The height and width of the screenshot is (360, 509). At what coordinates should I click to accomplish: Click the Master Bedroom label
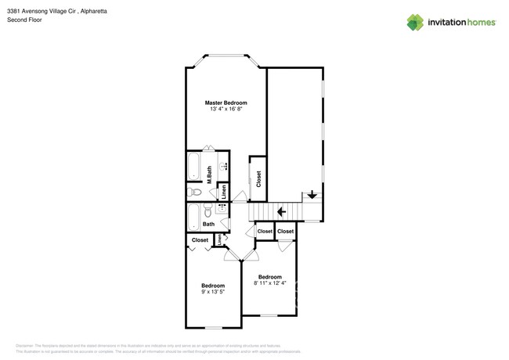coord(226,103)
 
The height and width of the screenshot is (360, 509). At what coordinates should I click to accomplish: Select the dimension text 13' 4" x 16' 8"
coord(226,110)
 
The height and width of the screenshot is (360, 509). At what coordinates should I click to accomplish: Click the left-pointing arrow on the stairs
coord(281,211)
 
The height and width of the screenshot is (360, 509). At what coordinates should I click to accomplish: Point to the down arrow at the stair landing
coord(312,195)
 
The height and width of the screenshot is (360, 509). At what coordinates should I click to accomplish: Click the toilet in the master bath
coord(196,192)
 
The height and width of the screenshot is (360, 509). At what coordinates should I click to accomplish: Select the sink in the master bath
coord(223,166)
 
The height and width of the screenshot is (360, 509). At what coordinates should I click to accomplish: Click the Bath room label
coord(208,225)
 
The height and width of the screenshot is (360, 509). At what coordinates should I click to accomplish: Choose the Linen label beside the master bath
coord(223,190)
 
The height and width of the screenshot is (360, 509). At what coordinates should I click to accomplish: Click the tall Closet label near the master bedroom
coord(258,178)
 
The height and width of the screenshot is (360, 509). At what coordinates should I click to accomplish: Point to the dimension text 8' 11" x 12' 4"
coord(270,283)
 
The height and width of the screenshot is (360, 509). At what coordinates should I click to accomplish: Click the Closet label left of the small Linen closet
coord(200,240)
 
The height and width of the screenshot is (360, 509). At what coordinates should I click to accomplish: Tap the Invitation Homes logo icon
coord(415,23)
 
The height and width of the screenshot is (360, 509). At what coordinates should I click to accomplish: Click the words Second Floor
coord(24,20)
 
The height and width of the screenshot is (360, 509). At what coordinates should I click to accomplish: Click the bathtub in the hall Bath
coord(193,217)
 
